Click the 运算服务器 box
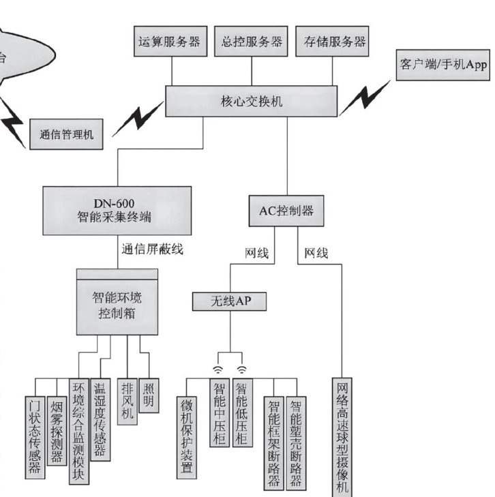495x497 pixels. coord(170,42)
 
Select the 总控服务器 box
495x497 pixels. coord(251,42)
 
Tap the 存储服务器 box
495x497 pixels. coord(332,42)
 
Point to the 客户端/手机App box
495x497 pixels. coord(443,65)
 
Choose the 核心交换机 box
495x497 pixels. coord(252,101)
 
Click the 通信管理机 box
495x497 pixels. coord(66,134)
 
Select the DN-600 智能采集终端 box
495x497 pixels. coord(117,211)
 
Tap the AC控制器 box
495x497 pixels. coord(286,211)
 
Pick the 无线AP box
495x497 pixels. coord(230,301)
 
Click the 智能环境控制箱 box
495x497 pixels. coord(117,302)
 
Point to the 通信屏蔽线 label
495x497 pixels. coord(153,249)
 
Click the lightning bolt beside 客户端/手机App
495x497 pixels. coord(365,98)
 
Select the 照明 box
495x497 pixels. coord(149,395)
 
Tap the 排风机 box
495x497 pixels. coord(127,402)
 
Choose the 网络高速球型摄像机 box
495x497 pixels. coord(342,438)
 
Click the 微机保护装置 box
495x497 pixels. coord(187,438)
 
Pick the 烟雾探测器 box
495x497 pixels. coord(57,431)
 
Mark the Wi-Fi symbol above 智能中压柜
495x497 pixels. coord(217,370)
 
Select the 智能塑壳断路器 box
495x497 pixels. coord(296,443)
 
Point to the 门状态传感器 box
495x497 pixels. coord(35,438)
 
